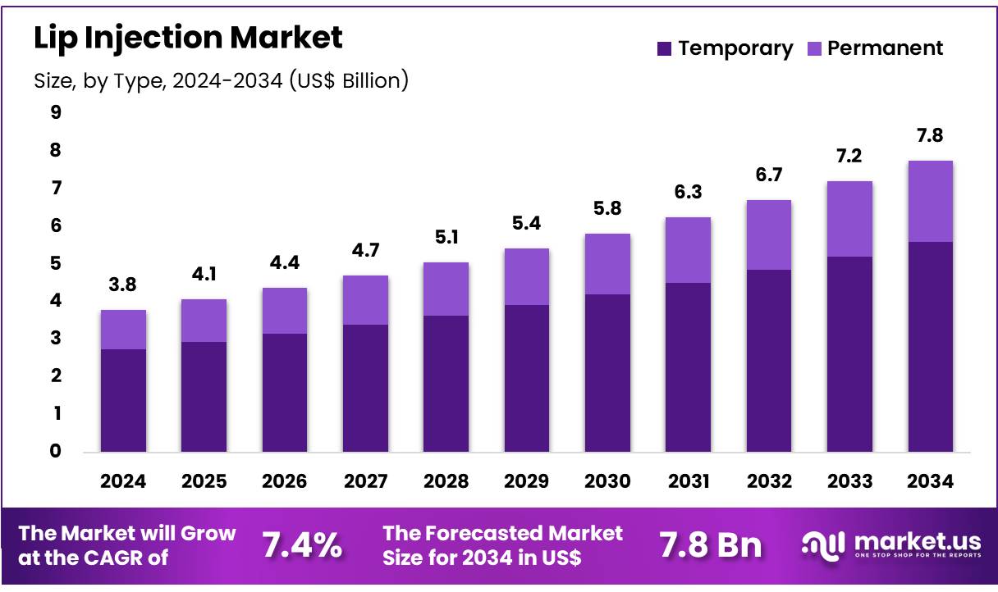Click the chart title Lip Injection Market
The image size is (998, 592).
(x=188, y=37)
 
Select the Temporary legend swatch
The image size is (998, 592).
(x=666, y=49)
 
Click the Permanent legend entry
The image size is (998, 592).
(x=885, y=48)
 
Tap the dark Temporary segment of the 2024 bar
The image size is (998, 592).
(x=123, y=400)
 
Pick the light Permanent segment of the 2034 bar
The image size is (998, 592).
(x=930, y=201)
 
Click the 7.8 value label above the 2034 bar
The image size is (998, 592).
(x=930, y=135)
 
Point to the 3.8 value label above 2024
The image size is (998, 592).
(x=123, y=285)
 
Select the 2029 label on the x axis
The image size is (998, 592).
(x=526, y=481)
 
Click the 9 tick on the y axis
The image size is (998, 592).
(x=56, y=112)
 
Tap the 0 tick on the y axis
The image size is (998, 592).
(x=56, y=451)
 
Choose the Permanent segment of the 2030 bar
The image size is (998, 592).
(x=607, y=264)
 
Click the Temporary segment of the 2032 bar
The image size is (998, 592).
(x=768, y=361)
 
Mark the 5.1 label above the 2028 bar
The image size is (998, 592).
(x=446, y=237)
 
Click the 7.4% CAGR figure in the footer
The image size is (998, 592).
(x=301, y=545)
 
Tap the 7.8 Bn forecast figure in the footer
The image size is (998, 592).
(x=710, y=545)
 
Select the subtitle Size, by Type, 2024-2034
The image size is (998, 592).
(x=221, y=80)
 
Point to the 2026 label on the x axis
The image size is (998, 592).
(x=284, y=481)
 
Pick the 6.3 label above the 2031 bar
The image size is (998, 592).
(x=688, y=192)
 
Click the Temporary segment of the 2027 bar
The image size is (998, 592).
(x=365, y=388)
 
